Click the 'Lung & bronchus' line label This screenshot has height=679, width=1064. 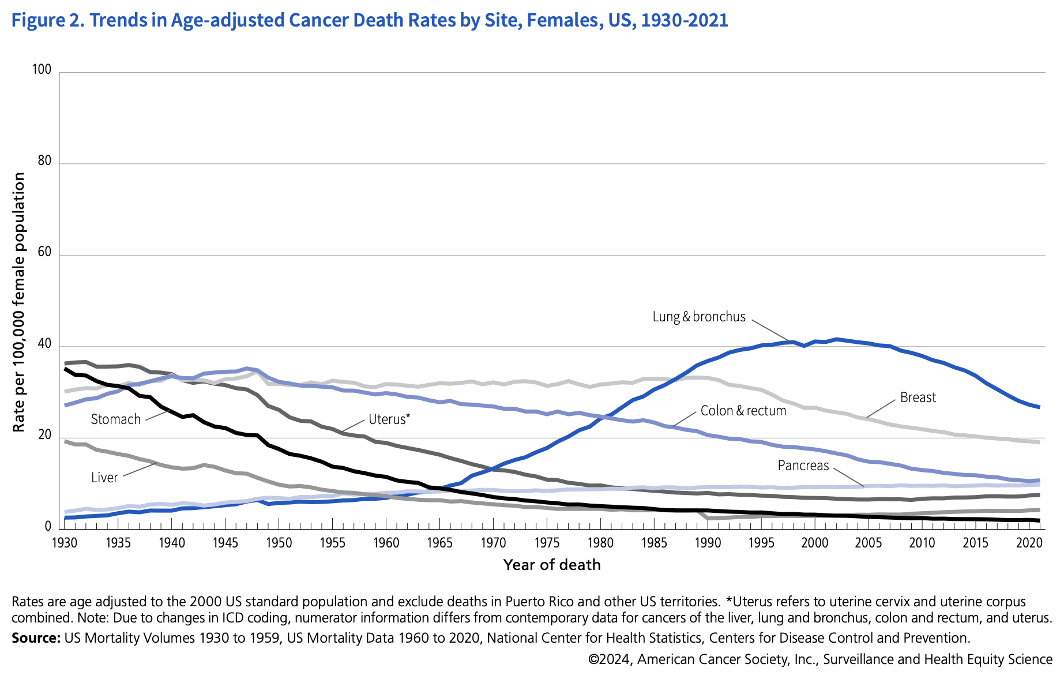[699, 317]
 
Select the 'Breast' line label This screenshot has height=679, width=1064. [918, 397]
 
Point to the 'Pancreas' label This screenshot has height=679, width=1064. [803, 466]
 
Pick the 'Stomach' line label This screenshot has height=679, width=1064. [116, 419]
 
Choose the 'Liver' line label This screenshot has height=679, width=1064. [104, 478]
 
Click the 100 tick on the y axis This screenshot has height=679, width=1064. [42, 70]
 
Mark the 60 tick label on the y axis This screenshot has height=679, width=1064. [44, 253]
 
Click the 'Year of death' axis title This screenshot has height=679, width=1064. [552, 565]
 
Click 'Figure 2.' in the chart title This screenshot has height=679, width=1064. [48, 20]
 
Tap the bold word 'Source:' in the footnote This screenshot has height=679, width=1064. [36, 638]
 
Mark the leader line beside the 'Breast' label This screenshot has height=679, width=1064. [881, 408]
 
